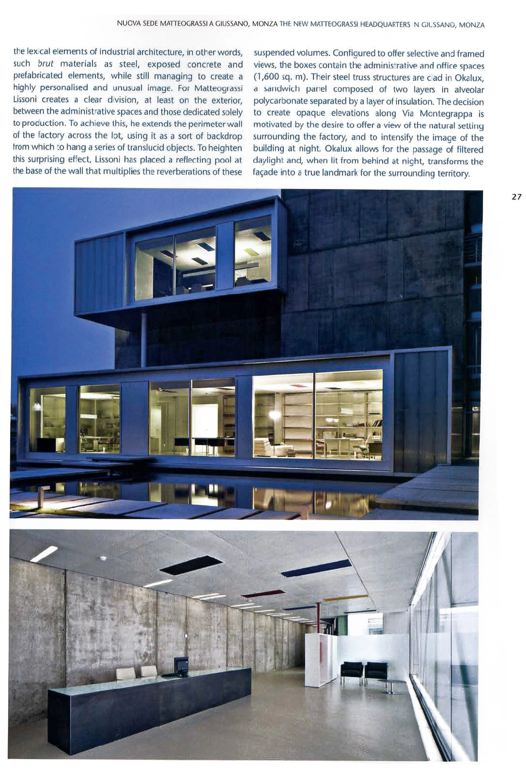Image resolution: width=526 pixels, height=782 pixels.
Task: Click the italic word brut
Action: click(x=45, y=63)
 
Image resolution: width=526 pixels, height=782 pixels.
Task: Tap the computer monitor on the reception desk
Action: click(x=181, y=664)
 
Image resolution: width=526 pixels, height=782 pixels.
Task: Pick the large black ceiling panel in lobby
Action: click(x=188, y=565)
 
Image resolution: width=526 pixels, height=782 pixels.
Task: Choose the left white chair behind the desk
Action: click(x=125, y=673)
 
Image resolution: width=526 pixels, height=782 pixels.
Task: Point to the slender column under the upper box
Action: click(x=144, y=339)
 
